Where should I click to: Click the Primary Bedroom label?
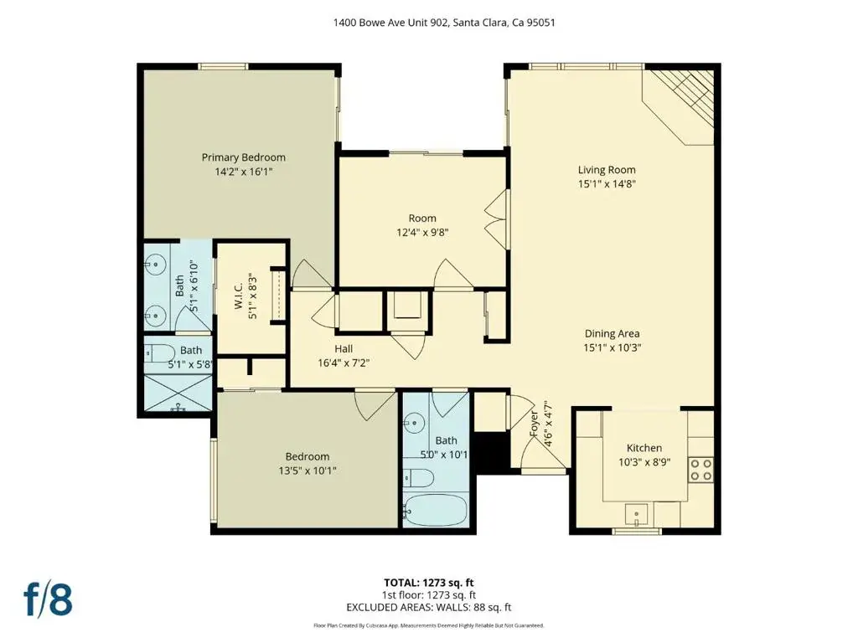click(x=244, y=157)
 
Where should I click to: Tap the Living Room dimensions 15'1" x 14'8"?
click(x=607, y=183)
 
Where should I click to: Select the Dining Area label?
click(x=612, y=333)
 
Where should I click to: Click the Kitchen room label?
click(x=644, y=448)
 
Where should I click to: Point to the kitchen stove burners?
click(x=701, y=470)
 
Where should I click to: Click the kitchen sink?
click(x=637, y=515)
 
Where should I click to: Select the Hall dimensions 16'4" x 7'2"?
click(x=344, y=363)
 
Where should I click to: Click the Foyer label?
click(x=534, y=424)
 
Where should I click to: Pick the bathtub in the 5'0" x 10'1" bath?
click(x=436, y=510)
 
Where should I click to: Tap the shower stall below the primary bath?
click(x=178, y=393)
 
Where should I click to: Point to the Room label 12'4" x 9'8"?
click(x=422, y=219)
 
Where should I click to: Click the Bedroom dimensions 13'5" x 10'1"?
click(x=308, y=471)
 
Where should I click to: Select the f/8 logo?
click(x=48, y=599)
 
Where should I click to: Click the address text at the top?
click(x=444, y=23)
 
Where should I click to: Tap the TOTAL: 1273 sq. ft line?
click(x=428, y=583)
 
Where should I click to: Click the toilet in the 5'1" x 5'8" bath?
click(x=159, y=353)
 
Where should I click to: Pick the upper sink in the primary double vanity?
click(x=156, y=265)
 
